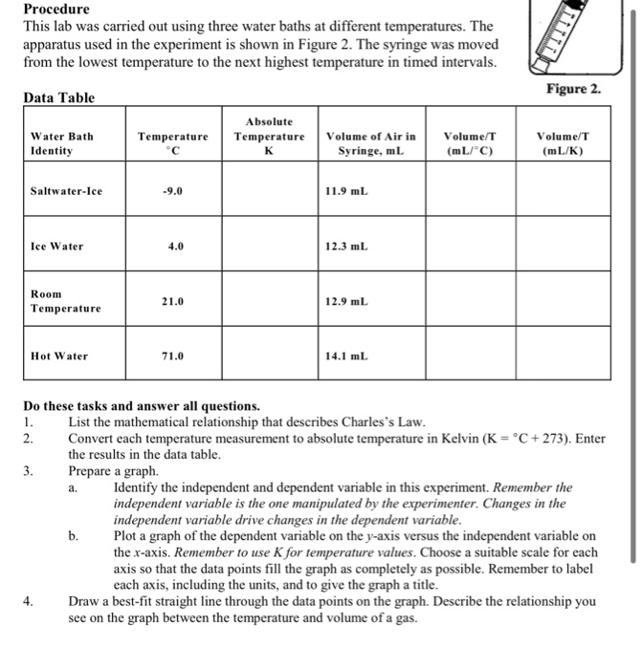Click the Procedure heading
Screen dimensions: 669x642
pyautogui.click(x=56, y=9)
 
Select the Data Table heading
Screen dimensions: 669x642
pyautogui.click(x=58, y=97)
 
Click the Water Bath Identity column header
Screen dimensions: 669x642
pyautogui.click(x=62, y=143)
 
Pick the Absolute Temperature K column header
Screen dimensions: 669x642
pyautogui.click(x=269, y=137)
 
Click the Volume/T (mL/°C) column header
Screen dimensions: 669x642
pyautogui.click(x=469, y=143)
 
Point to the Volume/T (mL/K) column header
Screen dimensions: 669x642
pyautogui.click(x=564, y=143)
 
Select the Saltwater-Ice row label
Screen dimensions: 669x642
pyautogui.click(x=67, y=190)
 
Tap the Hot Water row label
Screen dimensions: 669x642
pyautogui.click(x=59, y=356)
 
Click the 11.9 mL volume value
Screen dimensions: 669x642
pyautogui.click(x=348, y=190)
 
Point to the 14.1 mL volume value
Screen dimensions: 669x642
pyautogui.click(x=348, y=356)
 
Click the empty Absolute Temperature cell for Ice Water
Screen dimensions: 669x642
pyautogui.click(x=269, y=246)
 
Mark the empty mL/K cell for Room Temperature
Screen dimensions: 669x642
pyautogui.click(x=564, y=300)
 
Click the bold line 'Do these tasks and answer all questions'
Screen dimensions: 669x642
pyautogui.click(x=141, y=406)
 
